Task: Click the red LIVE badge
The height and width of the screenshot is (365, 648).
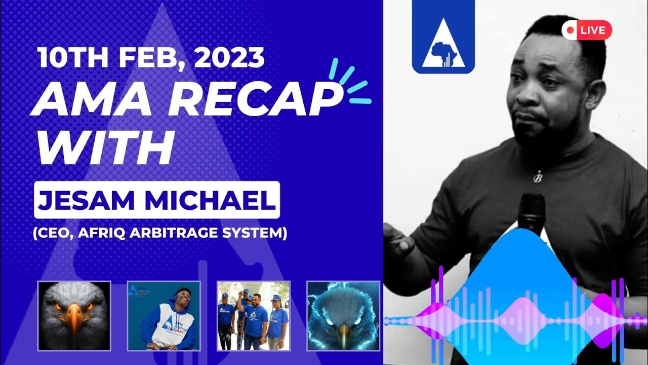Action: pyautogui.click(x=587, y=30)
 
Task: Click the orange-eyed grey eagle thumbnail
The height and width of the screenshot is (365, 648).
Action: pyautogui.click(x=74, y=316)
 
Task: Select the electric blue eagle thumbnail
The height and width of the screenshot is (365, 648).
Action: pyautogui.click(x=343, y=316)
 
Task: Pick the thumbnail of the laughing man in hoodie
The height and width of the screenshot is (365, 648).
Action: pyautogui.click(x=164, y=316)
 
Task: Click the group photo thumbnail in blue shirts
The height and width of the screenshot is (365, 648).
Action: pyautogui.click(x=253, y=316)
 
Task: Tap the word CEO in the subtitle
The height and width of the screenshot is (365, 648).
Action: pyautogui.click(x=53, y=234)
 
